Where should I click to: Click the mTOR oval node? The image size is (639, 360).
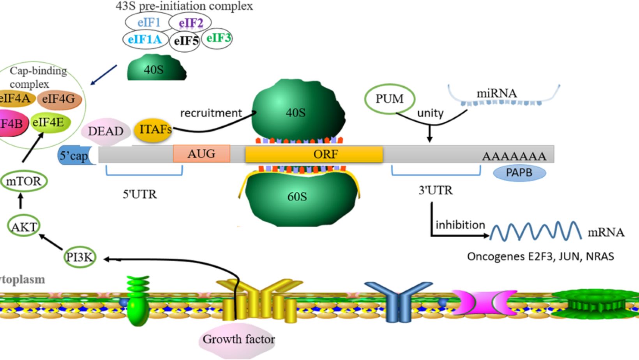24,182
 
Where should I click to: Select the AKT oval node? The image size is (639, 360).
24,226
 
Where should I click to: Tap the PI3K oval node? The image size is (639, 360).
80,258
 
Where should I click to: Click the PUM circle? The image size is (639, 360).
390,99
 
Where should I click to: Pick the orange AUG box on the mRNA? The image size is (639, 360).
201,154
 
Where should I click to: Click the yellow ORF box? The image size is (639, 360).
314,154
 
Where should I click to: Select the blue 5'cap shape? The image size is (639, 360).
74,156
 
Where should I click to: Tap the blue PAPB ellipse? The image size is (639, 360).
519,173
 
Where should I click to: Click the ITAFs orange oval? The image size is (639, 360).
153,129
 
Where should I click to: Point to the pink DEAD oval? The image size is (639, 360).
105,131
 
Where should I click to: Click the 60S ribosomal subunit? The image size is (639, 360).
298,197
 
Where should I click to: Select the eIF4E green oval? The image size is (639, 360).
50,123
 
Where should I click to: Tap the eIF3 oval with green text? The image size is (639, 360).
217,39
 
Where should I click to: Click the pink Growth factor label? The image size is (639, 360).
238,339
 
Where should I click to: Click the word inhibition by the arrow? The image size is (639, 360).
460,225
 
